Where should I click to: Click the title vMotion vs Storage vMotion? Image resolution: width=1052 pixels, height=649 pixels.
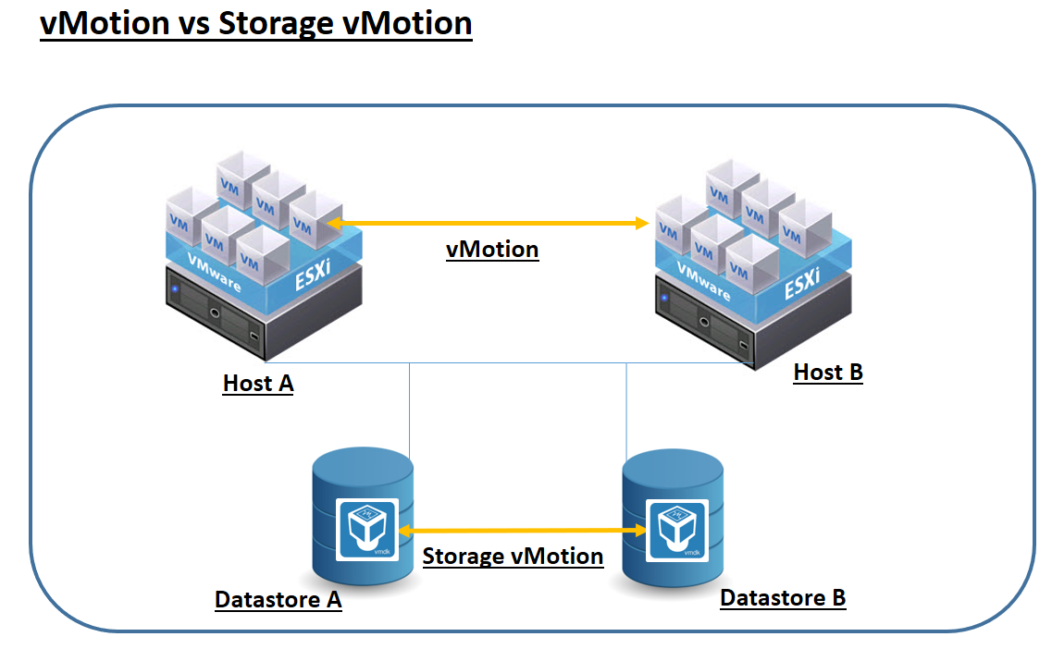pyautogui.click(x=256, y=23)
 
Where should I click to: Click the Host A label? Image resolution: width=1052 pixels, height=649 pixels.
pyautogui.click(x=258, y=383)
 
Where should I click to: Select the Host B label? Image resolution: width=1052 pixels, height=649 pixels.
pyautogui.click(x=828, y=373)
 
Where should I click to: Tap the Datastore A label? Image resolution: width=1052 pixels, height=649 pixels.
pyautogui.click(x=278, y=600)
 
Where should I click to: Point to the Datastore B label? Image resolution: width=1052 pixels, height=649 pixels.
pyautogui.click(x=783, y=598)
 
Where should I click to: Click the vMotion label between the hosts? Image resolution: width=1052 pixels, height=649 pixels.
pyautogui.click(x=492, y=250)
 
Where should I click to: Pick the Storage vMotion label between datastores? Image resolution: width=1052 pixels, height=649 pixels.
pyautogui.click(x=513, y=557)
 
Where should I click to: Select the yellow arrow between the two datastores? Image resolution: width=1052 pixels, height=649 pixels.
pyautogui.click(x=524, y=530)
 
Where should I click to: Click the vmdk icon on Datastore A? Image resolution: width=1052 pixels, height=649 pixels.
pyautogui.click(x=367, y=529)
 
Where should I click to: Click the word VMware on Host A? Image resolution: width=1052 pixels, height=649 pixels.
pyautogui.click(x=214, y=274)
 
